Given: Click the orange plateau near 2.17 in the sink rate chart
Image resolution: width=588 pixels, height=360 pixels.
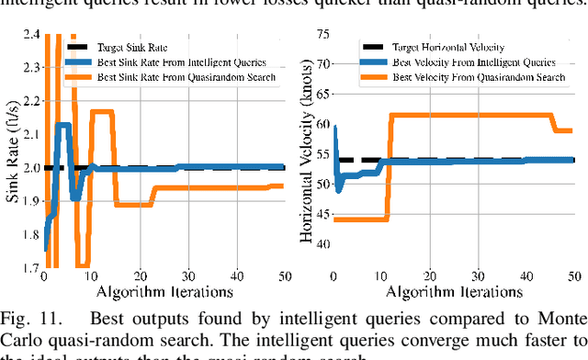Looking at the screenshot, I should [x=100, y=111].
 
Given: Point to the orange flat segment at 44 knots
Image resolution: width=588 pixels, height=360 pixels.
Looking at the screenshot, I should [x=358, y=219].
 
